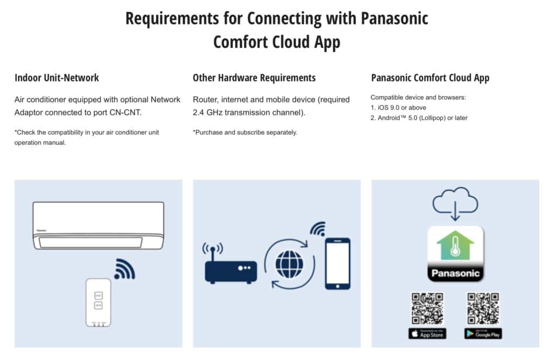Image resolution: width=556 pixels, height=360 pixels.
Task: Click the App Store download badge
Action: pos(427,333)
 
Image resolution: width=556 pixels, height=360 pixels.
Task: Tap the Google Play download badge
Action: pos(483,333)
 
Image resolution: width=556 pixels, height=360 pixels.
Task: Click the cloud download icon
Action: pos(455,204)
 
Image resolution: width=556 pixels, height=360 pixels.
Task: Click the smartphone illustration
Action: pos(337,263)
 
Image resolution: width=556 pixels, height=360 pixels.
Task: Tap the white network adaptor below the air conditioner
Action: pos(98,302)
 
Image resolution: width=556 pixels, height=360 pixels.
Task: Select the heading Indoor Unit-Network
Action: pos(56,78)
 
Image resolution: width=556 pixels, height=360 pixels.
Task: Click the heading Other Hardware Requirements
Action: pos(254,78)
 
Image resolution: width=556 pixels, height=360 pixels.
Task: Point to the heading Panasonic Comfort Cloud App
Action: pos(430,78)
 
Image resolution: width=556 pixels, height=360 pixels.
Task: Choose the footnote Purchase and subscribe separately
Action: pos(245,132)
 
